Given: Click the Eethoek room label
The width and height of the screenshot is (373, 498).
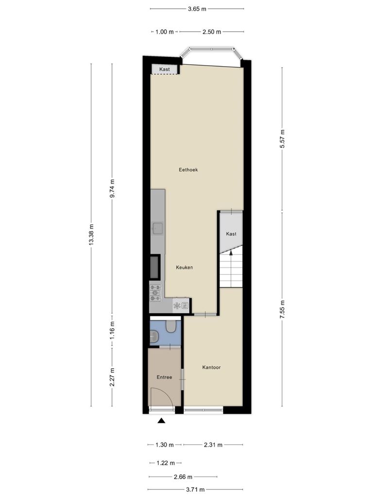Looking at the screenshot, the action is (x=188, y=170).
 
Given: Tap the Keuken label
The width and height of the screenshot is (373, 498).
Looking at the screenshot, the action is (x=184, y=267).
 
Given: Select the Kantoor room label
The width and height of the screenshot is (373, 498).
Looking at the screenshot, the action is (x=211, y=367).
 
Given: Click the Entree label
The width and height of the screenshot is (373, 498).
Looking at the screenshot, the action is (x=164, y=377).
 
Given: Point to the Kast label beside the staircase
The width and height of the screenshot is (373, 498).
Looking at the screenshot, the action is (x=231, y=234).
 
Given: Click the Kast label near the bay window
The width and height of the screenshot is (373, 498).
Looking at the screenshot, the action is (x=164, y=69).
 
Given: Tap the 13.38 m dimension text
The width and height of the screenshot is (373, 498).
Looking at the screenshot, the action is (x=91, y=234).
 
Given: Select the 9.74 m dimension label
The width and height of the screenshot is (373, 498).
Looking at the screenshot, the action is (x=112, y=188).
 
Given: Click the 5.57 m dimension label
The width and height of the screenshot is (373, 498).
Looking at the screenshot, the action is (x=283, y=139).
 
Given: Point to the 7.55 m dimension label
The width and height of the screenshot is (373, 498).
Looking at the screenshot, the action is (x=283, y=309).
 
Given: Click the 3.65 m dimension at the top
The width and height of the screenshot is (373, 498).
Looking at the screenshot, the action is (x=197, y=9).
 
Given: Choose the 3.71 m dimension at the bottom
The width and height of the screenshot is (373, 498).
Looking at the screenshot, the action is (x=195, y=489).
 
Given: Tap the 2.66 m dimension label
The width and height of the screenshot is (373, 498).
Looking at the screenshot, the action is (x=183, y=477).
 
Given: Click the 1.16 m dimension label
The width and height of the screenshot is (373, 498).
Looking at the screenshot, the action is (x=112, y=330).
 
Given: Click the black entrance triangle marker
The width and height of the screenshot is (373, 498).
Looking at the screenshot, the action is (x=162, y=421).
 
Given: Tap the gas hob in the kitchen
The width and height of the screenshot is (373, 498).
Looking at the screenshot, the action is (x=155, y=293).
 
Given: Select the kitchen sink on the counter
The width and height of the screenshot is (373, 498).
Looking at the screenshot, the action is (x=158, y=228).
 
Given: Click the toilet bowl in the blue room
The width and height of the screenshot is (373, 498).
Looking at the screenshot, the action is (x=171, y=326).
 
